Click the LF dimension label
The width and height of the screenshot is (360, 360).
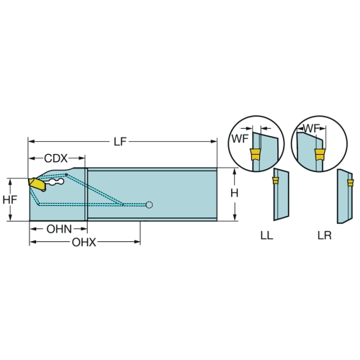pos(120,142)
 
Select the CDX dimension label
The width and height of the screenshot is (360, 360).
pos(56,158)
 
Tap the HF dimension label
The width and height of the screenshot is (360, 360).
pos(10,199)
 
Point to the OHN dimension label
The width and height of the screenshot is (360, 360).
pos(59,229)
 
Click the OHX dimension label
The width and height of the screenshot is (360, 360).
pos(84,243)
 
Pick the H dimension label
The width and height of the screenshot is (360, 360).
pos(234,193)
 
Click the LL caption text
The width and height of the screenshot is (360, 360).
pos(266,235)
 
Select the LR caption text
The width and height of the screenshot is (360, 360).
pos(325,235)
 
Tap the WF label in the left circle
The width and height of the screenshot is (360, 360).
pos(240,139)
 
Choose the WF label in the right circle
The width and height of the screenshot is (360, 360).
pos(311,128)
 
